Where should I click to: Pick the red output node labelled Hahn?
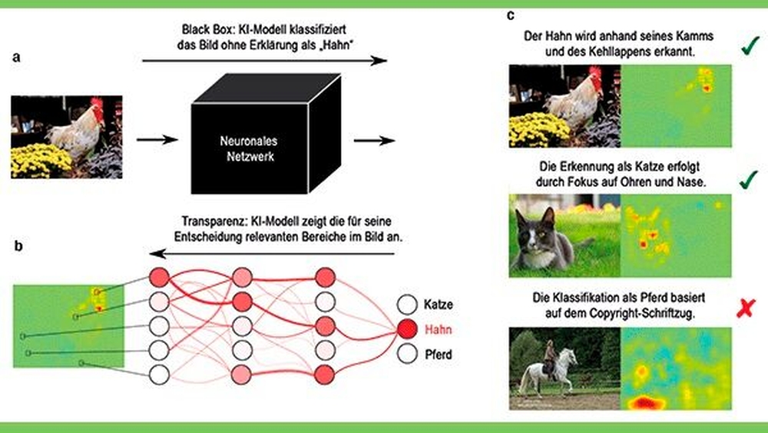click(x=406, y=329)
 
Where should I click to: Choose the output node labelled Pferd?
click(x=406, y=355)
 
